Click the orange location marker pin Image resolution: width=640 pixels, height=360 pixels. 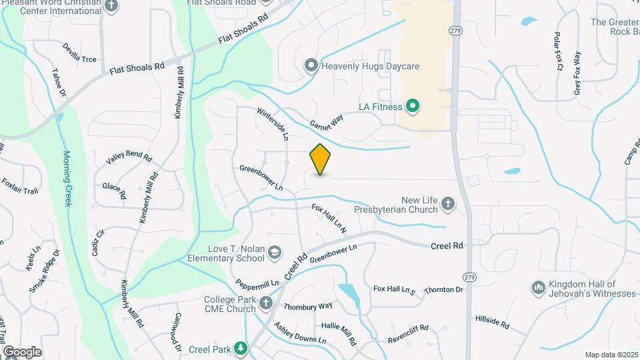[x=320, y=160]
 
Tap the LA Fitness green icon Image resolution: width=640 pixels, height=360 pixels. [x=413, y=106]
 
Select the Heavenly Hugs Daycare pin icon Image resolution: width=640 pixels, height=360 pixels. [x=311, y=66]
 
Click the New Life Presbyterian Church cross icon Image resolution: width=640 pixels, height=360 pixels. [x=448, y=205]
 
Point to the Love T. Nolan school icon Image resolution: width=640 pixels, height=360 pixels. [x=275, y=253]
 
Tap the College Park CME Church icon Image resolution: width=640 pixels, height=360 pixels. [x=265, y=304]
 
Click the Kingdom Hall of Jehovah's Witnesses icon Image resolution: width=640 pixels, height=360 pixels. [x=538, y=288]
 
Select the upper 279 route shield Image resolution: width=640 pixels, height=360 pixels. [x=455, y=31]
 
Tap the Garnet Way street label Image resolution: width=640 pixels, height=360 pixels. [x=327, y=121]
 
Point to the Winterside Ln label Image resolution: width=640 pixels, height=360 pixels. [x=273, y=125]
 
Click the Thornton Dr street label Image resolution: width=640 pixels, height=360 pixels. [x=443, y=289]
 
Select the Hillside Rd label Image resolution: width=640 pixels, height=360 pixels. [x=492, y=322]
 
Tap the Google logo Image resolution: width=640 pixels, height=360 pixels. [x=22, y=351]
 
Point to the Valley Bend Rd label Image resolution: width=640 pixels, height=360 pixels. [x=129, y=158]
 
